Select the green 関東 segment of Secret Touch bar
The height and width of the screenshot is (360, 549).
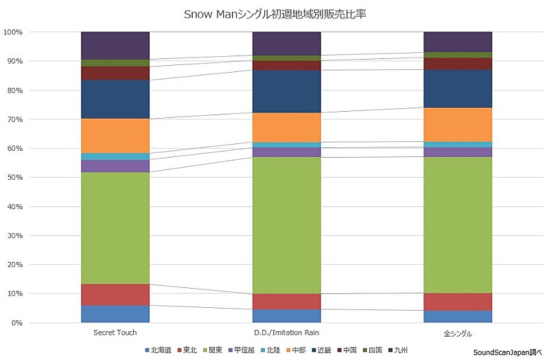click(x=115, y=228)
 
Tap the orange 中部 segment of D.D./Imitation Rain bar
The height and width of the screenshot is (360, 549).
click(x=286, y=128)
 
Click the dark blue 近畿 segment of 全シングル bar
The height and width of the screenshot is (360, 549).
click(x=458, y=88)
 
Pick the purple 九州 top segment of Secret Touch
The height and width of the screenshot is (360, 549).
click(x=115, y=46)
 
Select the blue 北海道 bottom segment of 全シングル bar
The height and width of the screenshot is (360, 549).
click(x=458, y=316)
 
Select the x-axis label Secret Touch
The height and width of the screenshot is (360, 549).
click(x=115, y=333)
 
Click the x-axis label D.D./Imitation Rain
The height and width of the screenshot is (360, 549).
click(x=286, y=333)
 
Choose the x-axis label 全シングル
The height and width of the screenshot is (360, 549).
click(x=458, y=333)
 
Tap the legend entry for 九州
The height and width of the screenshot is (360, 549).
click(x=402, y=350)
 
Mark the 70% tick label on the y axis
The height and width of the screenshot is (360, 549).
click(x=14, y=119)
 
